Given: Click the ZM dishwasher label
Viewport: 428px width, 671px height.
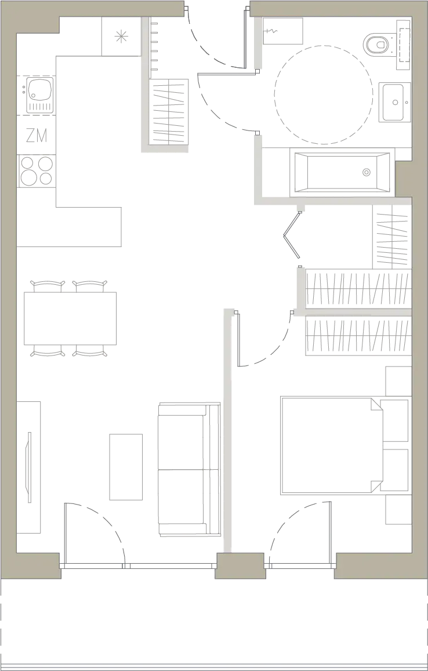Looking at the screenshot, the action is click(37, 135).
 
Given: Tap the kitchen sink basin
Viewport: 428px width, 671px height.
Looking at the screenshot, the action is click(39, 89).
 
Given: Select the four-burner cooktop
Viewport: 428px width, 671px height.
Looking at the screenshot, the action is click(37, 171).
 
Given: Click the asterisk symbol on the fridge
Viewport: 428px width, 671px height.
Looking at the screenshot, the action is click(121, 37).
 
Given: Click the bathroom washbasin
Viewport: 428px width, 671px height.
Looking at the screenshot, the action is click(394, 102).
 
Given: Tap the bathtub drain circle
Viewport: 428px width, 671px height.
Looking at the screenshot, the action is click(367, 172).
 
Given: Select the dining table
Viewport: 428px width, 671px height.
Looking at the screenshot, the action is click(70, 318).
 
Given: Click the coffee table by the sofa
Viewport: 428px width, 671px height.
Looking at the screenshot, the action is click(126, 467).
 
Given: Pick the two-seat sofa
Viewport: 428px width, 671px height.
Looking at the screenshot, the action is click(190, 469).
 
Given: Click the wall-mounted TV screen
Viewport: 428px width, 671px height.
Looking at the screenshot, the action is click(28, 467).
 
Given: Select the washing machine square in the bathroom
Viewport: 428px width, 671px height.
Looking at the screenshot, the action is click(283, 31).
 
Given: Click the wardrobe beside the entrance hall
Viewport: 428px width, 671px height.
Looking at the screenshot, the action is click(169, 111).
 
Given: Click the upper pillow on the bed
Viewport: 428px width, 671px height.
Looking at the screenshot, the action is click(394, 420).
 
